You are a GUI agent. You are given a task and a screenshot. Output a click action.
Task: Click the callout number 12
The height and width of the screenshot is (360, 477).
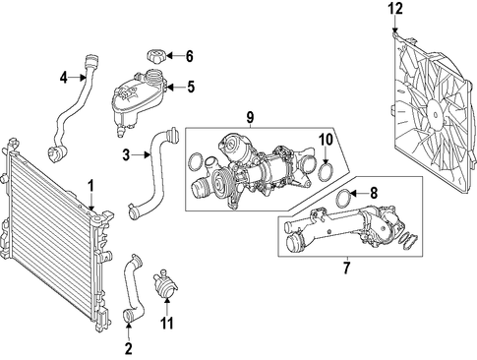(395, 9)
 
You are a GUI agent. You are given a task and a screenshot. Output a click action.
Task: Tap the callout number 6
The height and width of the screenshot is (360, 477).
(190, 56)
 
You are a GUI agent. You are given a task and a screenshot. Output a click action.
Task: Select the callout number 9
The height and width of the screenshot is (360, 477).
(250, 117)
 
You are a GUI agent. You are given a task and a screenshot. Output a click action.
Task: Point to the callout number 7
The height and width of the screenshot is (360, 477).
(346, 268)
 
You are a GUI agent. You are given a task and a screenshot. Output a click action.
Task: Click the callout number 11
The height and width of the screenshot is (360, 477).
(166, 323)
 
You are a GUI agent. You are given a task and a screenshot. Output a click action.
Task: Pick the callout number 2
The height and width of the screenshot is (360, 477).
(129, 348)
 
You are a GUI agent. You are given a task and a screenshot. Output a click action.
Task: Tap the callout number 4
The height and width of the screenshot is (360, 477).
(64, 78)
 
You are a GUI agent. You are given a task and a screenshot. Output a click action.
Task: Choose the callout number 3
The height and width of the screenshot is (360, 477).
(127, 154)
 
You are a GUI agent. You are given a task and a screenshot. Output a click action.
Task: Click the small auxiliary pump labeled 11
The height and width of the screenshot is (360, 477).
(165, 283)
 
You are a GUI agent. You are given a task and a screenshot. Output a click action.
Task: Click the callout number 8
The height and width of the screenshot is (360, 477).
(374, 193)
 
